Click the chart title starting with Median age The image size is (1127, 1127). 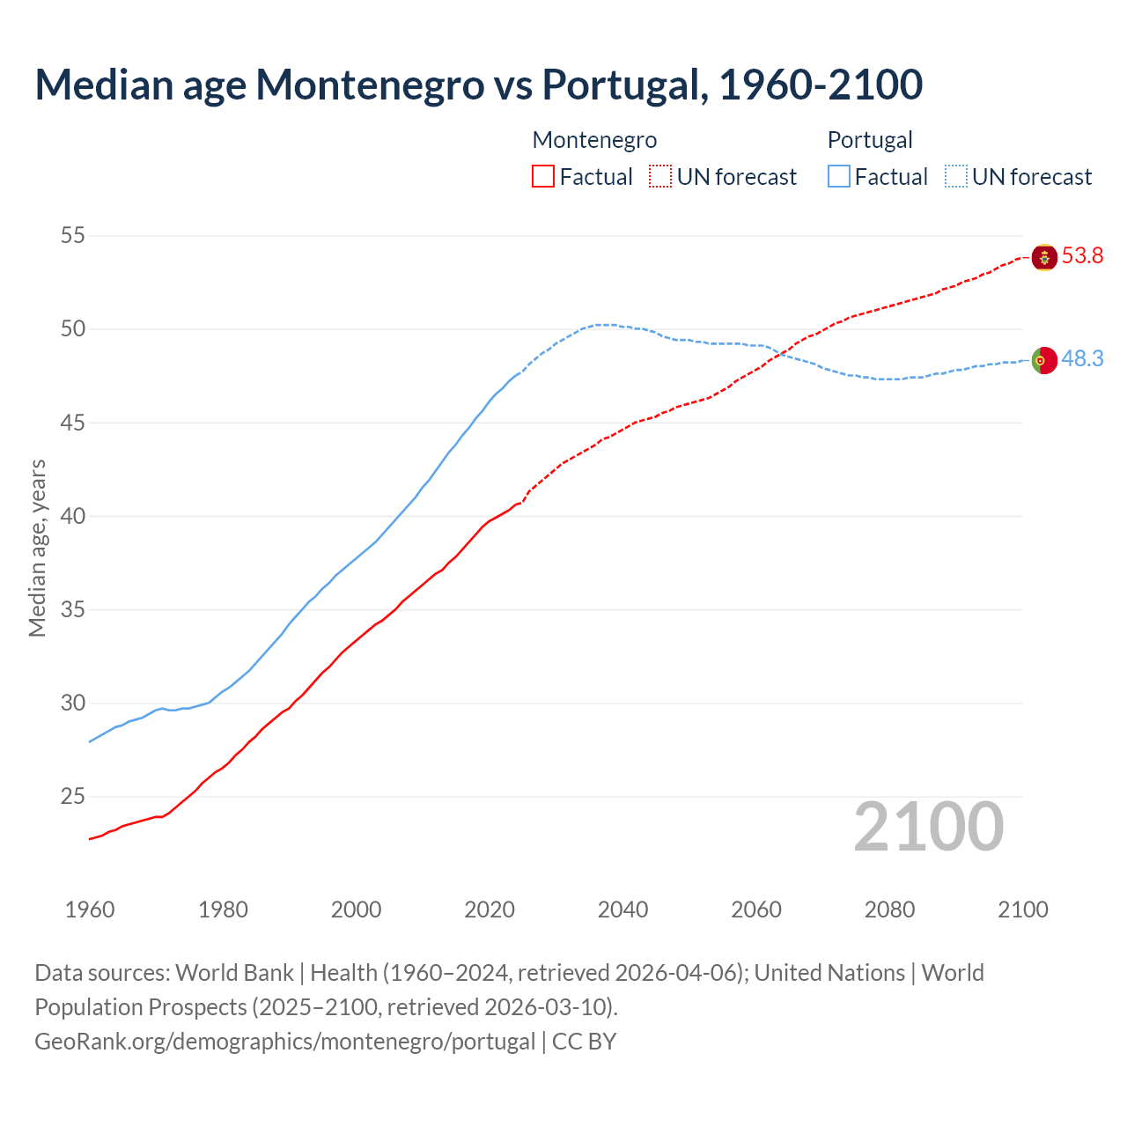click(478, 85)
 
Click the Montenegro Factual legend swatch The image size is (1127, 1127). click(543, 177)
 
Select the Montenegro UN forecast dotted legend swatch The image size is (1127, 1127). click(660, 177)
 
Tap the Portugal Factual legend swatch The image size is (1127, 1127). click(839, 177)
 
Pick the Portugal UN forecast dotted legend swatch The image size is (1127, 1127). click(956, 177)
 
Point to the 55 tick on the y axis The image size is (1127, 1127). click(73, 236)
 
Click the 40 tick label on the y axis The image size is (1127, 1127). click(73, 516)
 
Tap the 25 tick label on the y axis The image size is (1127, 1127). click(73, 797)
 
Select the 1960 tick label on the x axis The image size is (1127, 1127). click(90, 910)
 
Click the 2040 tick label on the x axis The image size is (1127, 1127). click(622, 910)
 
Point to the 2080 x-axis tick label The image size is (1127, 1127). click(889, 910)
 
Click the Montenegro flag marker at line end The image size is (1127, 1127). click(1044, 257)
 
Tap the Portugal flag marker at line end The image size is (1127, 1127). click(1044, 360)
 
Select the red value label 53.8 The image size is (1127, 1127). click(1082, 256)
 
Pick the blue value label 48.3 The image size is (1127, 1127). click(1082, 359)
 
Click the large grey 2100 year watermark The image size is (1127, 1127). click(929, 827)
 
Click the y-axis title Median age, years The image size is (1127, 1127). click(37, 548)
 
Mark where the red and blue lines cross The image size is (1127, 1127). click(777, 353)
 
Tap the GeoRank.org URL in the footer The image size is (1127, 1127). click(284, 1042)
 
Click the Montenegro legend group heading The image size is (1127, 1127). click(594, 140)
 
